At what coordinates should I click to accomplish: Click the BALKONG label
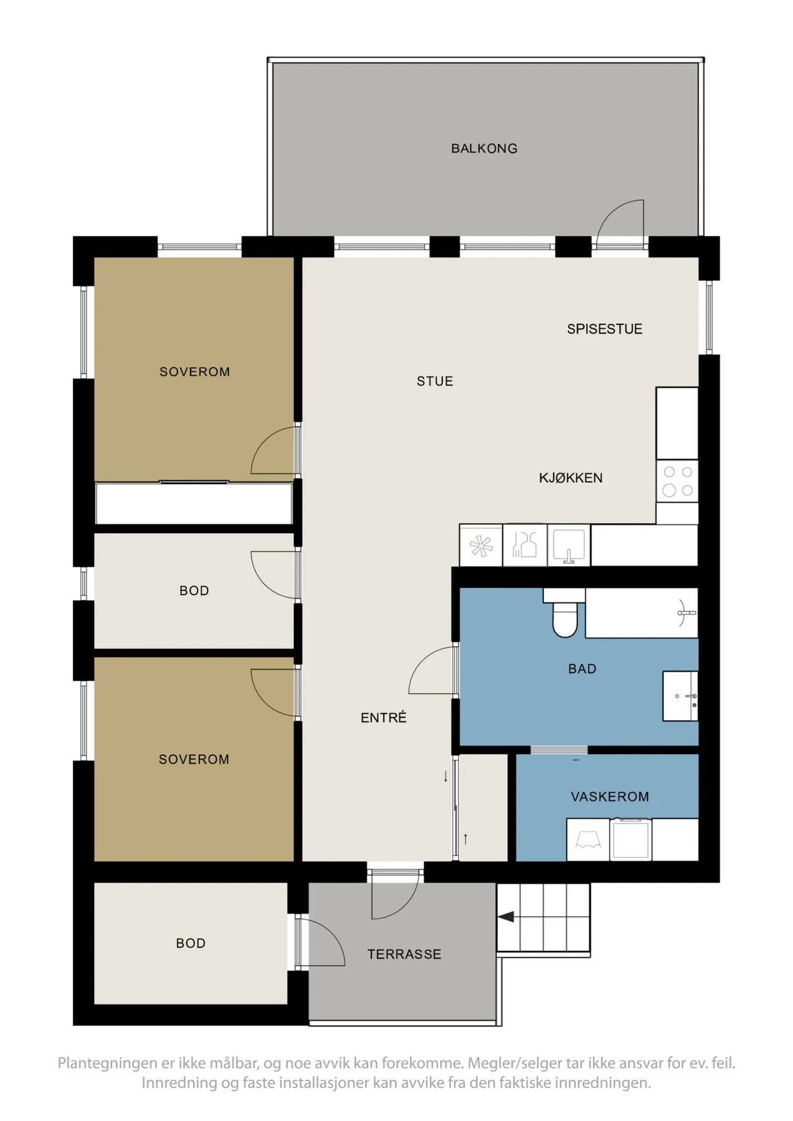pyautogui.click(x=484, y=148)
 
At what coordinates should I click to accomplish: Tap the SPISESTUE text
pyautogui.click(x=604, y=329)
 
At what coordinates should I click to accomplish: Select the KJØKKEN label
pyautogui.click(x=571, y=478)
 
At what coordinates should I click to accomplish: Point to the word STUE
pyautogui.click(x=435, y=381)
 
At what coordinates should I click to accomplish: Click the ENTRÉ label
pyautogui.click(x=384, y=717)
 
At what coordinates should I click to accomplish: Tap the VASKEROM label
pyautogui.click(x=610, y=797)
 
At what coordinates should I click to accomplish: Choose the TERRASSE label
pyautogui.click(x=404, y=954)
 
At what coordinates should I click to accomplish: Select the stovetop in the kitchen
pyautogui.click(x=677, y=481)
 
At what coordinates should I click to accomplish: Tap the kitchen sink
pyautogui.click(x=569, y=545)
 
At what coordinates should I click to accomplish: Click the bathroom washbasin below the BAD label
pyautogui.click(x=680, y=696)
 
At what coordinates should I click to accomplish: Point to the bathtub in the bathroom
pyautogui.click(x=642, y=613)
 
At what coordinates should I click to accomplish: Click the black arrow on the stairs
pyautogui.click(x=506, y=917)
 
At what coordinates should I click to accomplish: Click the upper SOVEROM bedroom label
pyautogui.click(x=195, y=372)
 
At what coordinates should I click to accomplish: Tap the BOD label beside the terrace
pyautogui.click(x=191, y=944)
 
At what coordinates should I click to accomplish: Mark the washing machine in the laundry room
pyautogui.click(x=631, y=840)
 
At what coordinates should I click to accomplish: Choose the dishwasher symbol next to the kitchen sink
pyautogui.click(x=525, y=545)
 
